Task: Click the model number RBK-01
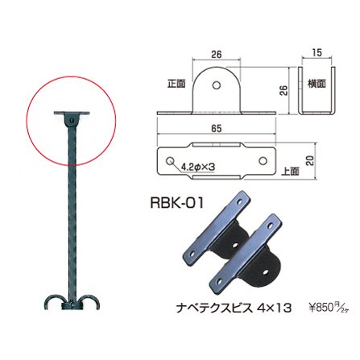point(177,202)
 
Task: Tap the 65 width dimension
point(217,129)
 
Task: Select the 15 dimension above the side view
point(317,53)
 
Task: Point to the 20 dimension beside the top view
point(310,160)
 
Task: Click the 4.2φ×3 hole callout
point(198,168)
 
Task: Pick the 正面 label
point(176,84)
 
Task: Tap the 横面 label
point(317,84)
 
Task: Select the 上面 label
point(290,171)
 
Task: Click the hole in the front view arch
point(217,85)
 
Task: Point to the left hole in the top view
point(169,161)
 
